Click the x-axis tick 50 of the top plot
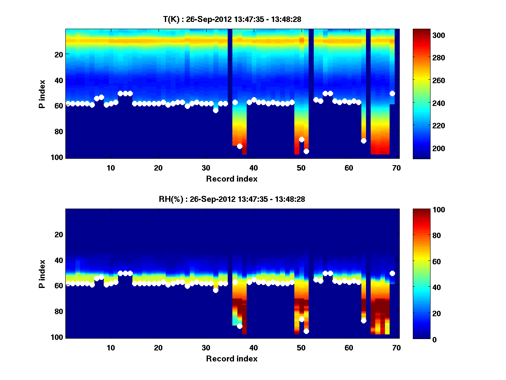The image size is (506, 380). tap(301, 168)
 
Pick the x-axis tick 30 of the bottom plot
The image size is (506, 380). tap(206, 347)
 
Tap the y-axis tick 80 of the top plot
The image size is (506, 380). tap(59, 131)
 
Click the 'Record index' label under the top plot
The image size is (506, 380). tap(231, 179)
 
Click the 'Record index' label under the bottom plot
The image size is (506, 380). tap(231, 358)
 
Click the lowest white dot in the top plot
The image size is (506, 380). tap(306, 151)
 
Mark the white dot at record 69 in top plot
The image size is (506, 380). tap(392, 93)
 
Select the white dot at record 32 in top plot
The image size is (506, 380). tap(215, 111)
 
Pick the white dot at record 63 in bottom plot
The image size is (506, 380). tap(363, 321)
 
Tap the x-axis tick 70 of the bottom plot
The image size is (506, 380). tap(396, 347)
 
